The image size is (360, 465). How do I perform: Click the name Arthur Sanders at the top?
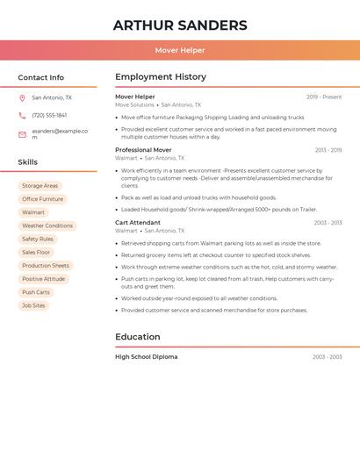pos(180,25)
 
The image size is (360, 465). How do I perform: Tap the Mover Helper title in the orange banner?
pos(180,50)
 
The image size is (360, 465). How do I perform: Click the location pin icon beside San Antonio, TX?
pos(22,97)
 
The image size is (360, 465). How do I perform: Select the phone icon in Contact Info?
pos(22,115)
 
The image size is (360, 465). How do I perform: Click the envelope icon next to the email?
pos(22,134)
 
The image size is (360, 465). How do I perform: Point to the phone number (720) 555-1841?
pos(49,115)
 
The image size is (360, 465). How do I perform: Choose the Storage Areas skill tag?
pos(40,186)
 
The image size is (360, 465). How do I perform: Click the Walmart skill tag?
pos(33,212)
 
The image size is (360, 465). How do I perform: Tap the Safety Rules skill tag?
pos(38,239)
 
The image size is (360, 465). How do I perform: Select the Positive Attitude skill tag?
pos(44,279)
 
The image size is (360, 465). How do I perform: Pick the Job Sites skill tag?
pos(33,305)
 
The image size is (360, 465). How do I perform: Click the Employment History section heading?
pos(161,77)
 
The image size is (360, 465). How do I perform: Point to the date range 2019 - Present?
pos(324,97)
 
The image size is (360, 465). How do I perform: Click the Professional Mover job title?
pos(143,150)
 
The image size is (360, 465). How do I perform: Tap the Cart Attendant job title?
pos(138,223)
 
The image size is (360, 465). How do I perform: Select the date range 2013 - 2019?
pos(328,150)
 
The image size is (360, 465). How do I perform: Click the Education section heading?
pos(138,337)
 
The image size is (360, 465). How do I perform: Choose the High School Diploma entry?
pos(146,357)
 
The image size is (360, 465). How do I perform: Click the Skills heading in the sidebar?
pos(28,162)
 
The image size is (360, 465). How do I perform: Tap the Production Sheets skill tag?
pos(46,266)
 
